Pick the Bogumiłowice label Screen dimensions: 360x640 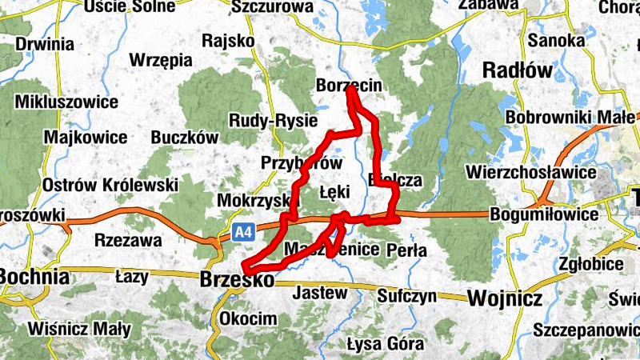coord(544,215)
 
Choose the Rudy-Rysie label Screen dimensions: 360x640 coord(273,120)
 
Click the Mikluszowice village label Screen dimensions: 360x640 coord(66,102)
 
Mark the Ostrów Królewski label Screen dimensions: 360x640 coord(110,185)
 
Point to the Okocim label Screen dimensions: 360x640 coord(250,318)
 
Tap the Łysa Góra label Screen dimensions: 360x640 coord(385,345)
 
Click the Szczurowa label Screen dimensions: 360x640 coord(272,7)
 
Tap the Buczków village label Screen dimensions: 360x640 coord(185,137)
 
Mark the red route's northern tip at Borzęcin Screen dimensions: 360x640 coord(350,90)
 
